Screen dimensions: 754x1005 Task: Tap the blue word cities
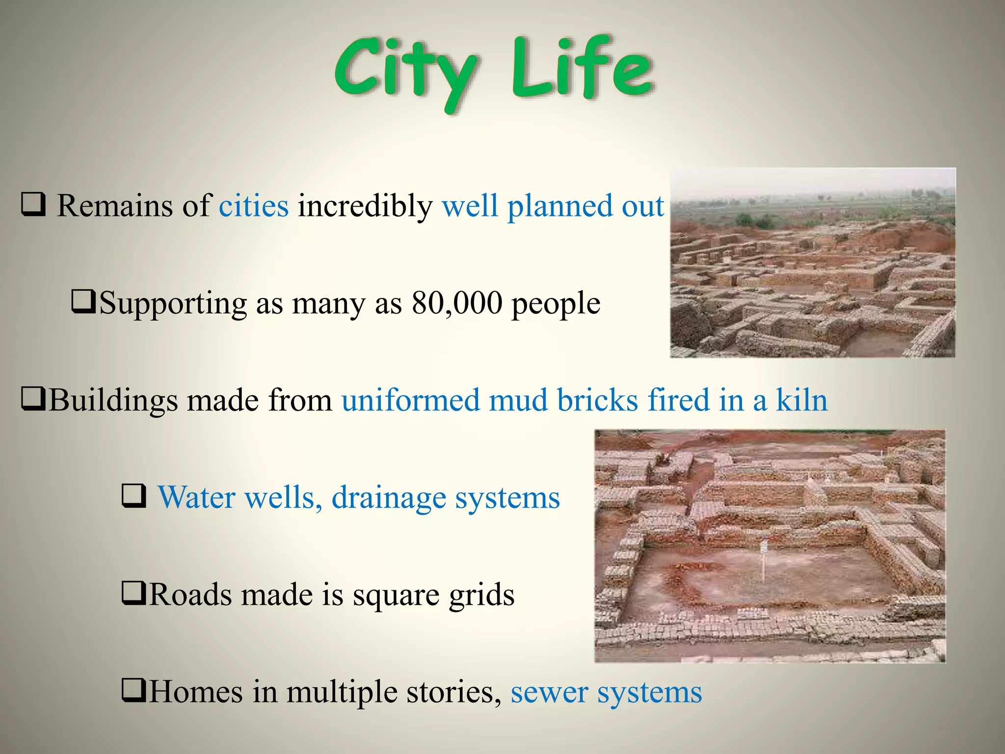(x=253, y=206)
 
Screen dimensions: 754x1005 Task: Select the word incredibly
(x=365, y=206)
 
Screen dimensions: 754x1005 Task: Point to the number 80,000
(x=457, y=303)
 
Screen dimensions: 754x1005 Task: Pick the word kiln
(x=801, y=400)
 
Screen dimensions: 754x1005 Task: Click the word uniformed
(x=411, y=400)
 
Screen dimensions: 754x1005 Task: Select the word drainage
(x=389, y=498)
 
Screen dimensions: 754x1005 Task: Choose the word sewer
(x=549, y=692)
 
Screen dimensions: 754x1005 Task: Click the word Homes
(x=196, y=692)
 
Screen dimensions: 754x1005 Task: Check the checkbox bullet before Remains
(x=33, y=205)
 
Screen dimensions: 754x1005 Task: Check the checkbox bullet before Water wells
(x=133, y=496)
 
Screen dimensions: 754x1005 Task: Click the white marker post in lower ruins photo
(x=763, y=560)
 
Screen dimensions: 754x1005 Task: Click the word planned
(x=560, y=207)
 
